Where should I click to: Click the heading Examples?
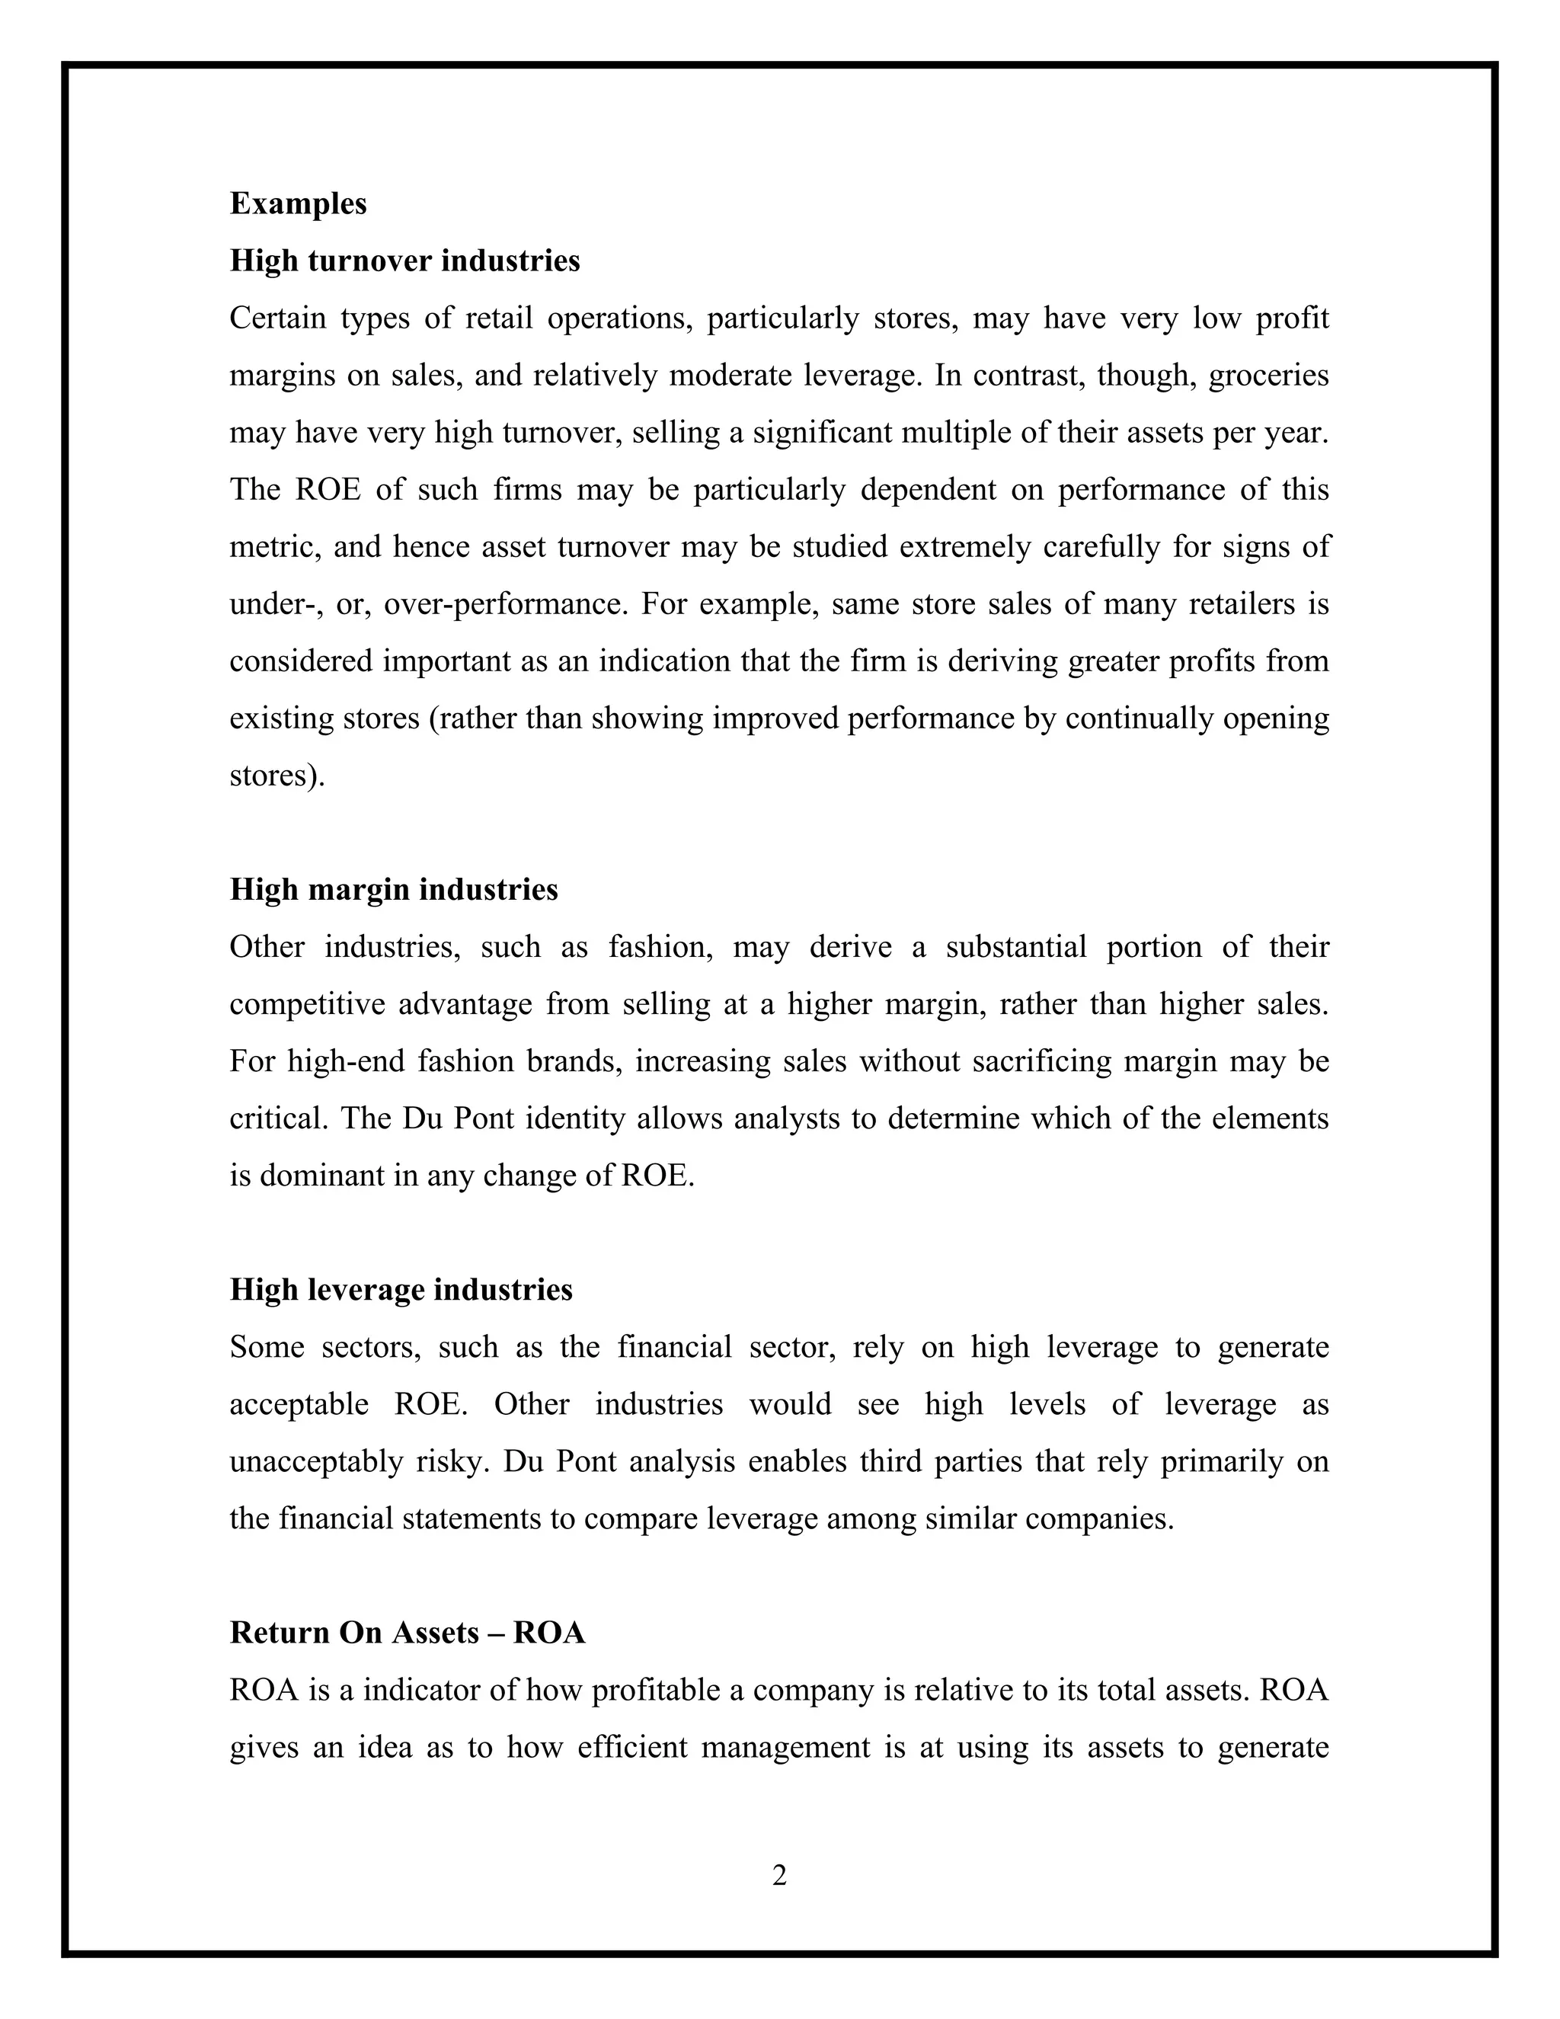(x=298, y=204)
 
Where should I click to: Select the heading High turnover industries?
(x=404, y=261)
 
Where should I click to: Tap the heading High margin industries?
(x=394, y=890)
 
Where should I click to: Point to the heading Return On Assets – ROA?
(x=407, y=1633)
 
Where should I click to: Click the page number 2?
(x=779, y=1876)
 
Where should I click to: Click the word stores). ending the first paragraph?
(x=277, y=776)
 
